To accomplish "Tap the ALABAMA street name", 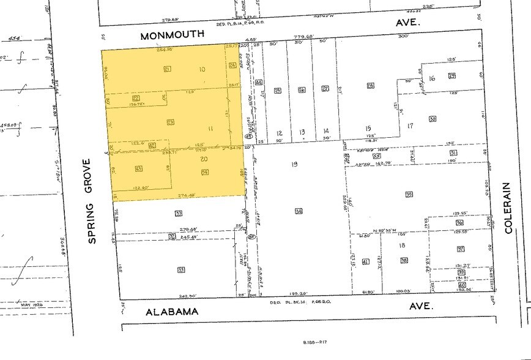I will point(172,312).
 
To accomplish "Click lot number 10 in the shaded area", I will point(202,69).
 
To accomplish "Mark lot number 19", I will point(294,164).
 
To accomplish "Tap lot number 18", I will point(402,245).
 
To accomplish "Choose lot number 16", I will point(432,78).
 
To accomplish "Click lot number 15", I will point(369,127).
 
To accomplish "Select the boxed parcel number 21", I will point(167,69).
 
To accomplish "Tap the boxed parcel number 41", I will point(366,262).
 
